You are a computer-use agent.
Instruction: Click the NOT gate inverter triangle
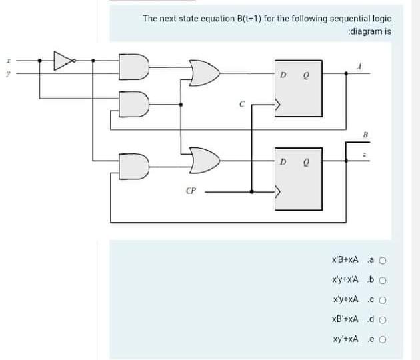pyautogui.click(x=63, y=61)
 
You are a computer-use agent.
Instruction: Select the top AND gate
pyautogui.click(x=133, y=65)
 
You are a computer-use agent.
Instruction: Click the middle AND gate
pyautogui.click(x=133, y=102)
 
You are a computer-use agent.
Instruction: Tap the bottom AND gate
pyautogui.click(x=133, y=165)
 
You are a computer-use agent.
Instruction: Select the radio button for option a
pyautogui.click(x=383, y=261)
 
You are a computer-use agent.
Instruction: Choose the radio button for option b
pyautogui.click(x=383, y=281)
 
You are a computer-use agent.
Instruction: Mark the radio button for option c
pyautogui.click(x=383, y=301)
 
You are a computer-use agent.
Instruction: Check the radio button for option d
pyautogui.click(x=383, y=321)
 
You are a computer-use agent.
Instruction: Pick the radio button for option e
pyautogui.click(x=383, y=340)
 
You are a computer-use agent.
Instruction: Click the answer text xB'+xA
pyautogui.click(x=345, y=321)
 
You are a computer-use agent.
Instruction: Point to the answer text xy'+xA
pyautogui.click(x=345, y=340)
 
